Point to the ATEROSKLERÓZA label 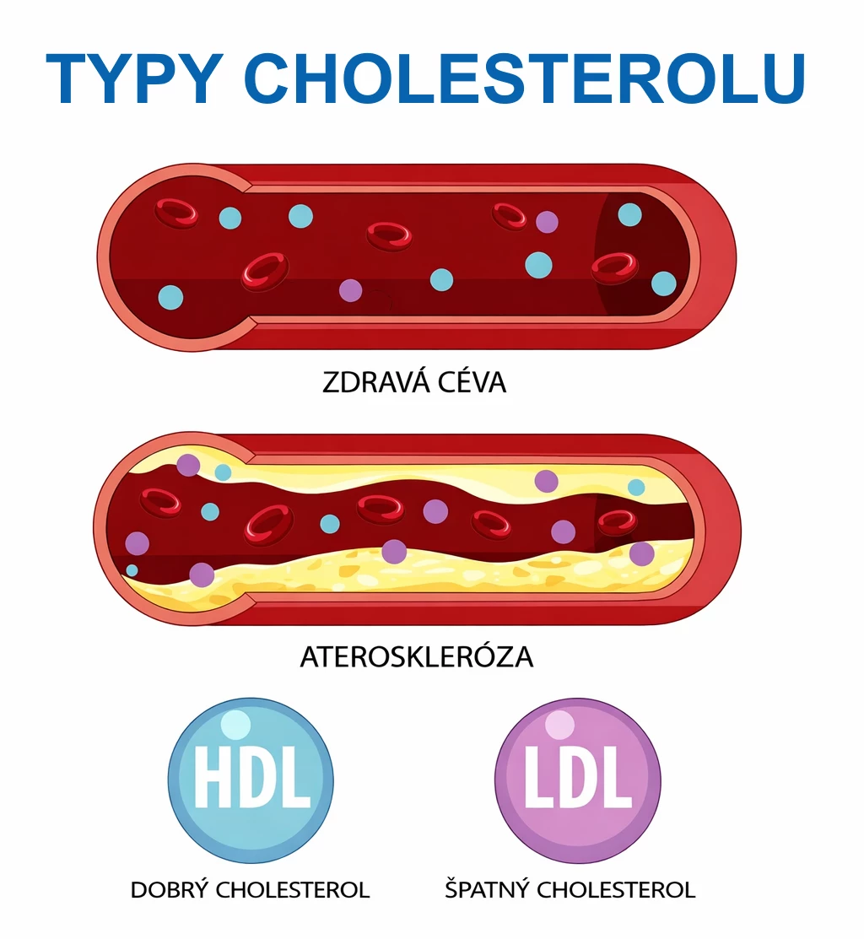(x=417, y=657)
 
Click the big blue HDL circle (x=251, y=780)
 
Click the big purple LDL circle (x=578, y=780)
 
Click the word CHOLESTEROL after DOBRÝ (x=293, y=890)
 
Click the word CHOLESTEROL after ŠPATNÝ (x=616, y=890)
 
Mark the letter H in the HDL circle (x=213, y=777)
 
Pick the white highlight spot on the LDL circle (x=560, y=725)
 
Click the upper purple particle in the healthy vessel (x=547, y=222)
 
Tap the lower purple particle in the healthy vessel (x=351, y=290)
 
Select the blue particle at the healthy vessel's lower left (x=170, y=297)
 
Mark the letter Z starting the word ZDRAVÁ (x=331, y=383)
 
